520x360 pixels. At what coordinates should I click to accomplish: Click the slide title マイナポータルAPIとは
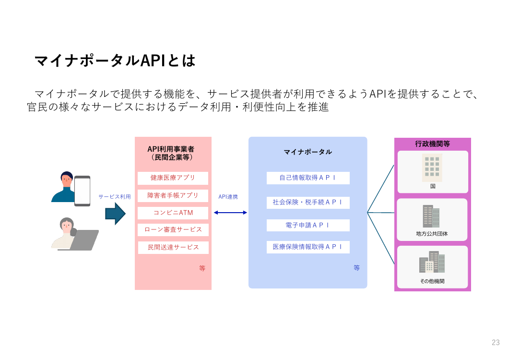click(115, 60)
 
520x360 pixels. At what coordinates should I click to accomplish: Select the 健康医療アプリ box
click(173, 178)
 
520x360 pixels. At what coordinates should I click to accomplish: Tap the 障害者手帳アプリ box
click(173, 195)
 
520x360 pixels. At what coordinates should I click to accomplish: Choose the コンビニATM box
click(173, 213)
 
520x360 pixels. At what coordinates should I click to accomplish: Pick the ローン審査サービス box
click(173, 229)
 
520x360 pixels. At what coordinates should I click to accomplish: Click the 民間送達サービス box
click(173, 248)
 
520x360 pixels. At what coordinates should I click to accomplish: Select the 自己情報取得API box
click(308, 178)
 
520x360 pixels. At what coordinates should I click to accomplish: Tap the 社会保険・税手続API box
click(308, 203)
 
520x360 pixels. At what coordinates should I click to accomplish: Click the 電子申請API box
click(308, 225)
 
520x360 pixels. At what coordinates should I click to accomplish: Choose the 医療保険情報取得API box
click(308, 247)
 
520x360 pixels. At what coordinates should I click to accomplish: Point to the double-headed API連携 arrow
click(230, 213)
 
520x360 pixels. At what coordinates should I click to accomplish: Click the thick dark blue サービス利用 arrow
click(116, 214)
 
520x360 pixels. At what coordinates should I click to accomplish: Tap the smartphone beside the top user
click(82, 191)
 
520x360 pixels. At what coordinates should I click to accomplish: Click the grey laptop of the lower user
click(80, 240)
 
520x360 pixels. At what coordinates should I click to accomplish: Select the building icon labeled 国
click(432, 168)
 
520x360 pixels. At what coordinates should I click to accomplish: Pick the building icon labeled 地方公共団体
click(431, 216)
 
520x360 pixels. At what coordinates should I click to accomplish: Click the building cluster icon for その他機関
click(432, 262)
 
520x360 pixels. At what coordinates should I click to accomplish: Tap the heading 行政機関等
click(432, 144)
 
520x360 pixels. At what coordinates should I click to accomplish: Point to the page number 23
click(496, 342)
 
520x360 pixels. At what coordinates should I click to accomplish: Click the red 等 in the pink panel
click(202, 268)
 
